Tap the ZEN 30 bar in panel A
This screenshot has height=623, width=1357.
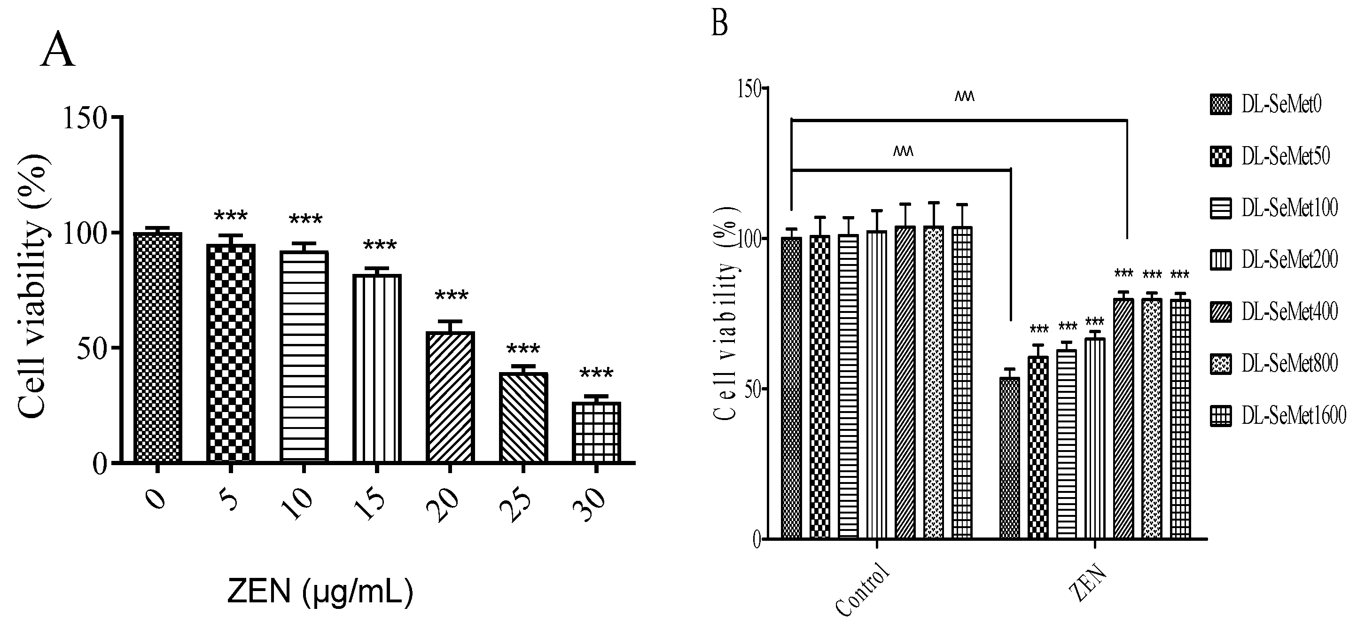pos(596,432)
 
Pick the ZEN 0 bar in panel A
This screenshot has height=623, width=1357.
pos(157,348)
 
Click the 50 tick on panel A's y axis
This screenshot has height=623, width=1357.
pos(92,348)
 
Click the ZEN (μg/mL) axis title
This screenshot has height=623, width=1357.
pos(320,592)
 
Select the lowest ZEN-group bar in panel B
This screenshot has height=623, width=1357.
pos(1009,458)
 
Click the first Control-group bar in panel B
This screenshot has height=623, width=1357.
pos(791,388)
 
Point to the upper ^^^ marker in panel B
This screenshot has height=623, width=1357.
pos(965,96)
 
